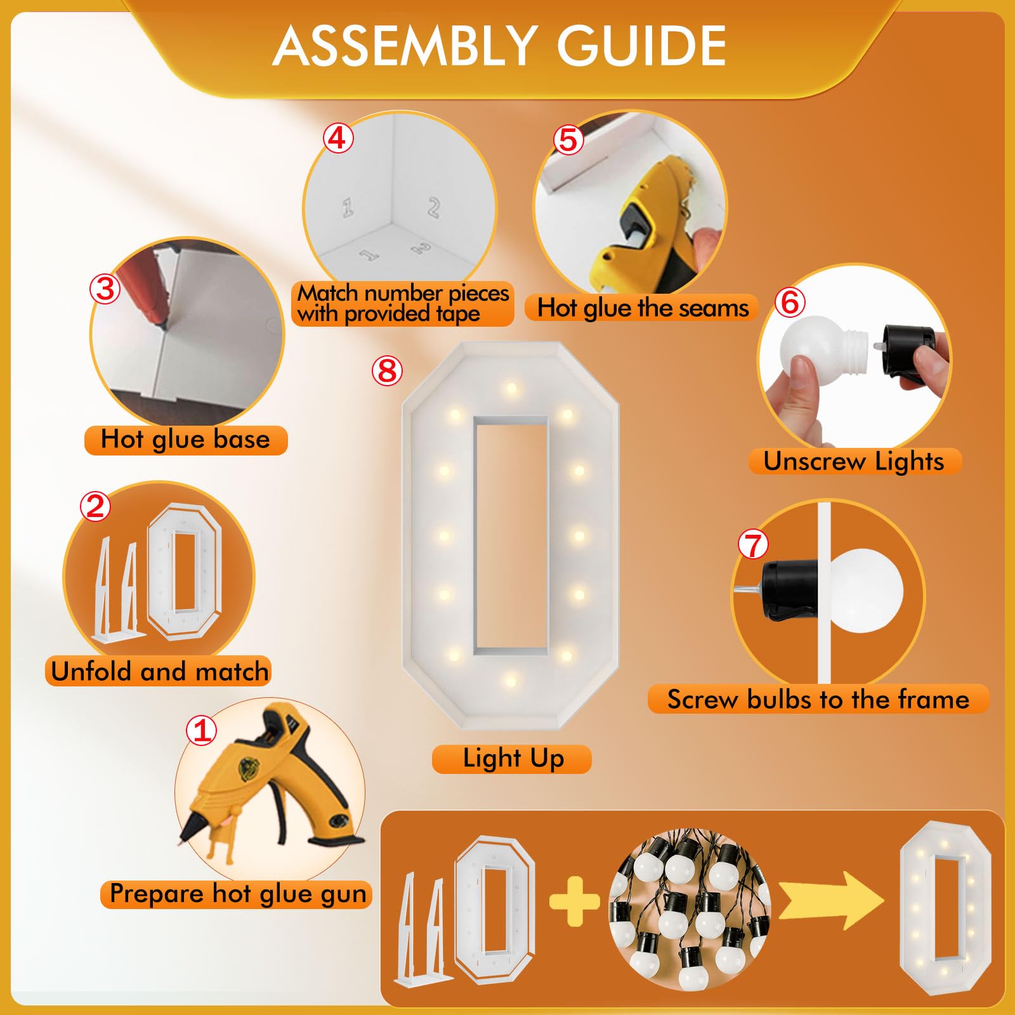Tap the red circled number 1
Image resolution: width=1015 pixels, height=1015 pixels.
[202, 730]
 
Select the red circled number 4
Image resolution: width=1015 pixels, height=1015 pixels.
[337, 138]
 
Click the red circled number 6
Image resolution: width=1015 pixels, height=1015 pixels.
[790, 302]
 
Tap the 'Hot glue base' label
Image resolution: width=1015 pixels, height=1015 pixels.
[185, 440]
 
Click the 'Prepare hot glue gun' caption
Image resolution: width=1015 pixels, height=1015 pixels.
[237, 894]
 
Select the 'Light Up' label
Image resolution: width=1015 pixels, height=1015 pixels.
[513, 759]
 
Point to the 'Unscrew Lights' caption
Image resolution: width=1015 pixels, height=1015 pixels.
[854, 461]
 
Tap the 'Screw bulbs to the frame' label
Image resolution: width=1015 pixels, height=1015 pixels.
[818, 699]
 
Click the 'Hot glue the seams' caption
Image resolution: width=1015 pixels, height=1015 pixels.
[643, 308]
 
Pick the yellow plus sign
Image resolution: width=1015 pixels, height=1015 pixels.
[574, 901]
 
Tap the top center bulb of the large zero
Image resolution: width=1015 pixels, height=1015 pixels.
[511, 388]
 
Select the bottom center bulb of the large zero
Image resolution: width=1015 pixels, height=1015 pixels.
[511, 681]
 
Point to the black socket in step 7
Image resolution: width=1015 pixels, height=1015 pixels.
[790, 590]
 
